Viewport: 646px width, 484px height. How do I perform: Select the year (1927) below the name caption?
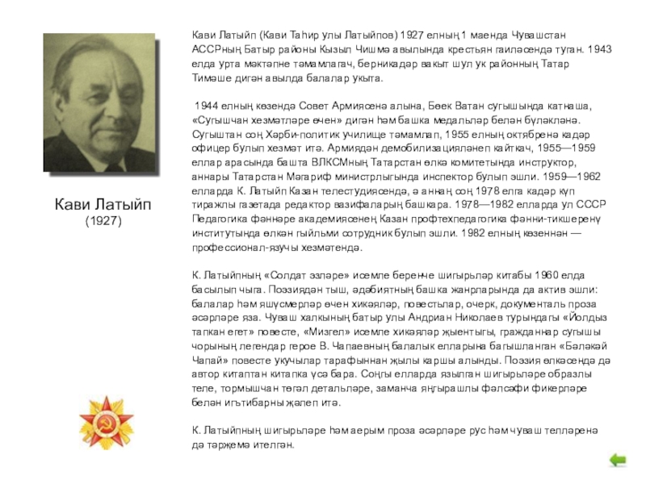(x=103, y=220)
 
